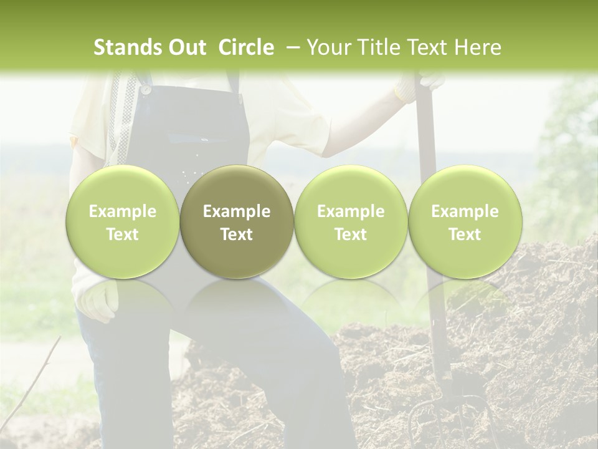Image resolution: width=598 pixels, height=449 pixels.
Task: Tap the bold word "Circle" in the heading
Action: (246, 47)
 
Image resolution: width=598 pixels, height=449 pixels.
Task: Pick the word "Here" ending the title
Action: (478, 47)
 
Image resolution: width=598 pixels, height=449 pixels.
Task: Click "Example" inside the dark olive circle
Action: (237, 211)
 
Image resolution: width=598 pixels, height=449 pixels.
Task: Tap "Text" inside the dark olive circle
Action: (237, 234)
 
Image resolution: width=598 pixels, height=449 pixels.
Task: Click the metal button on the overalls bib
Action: (145, 89)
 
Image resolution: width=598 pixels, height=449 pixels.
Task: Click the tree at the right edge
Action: (570, 156)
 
